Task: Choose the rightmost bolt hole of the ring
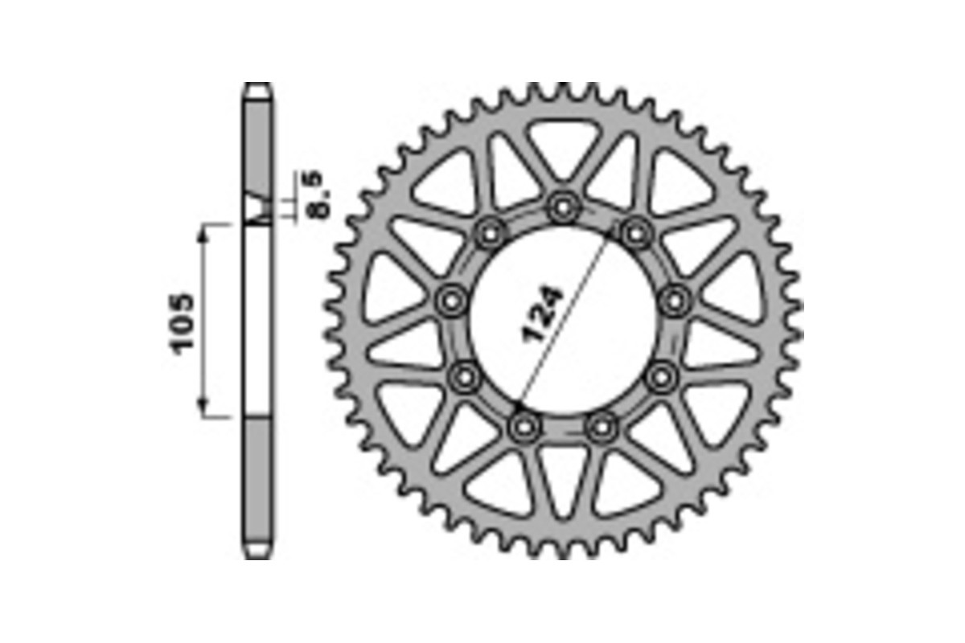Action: tap(674, 301)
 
